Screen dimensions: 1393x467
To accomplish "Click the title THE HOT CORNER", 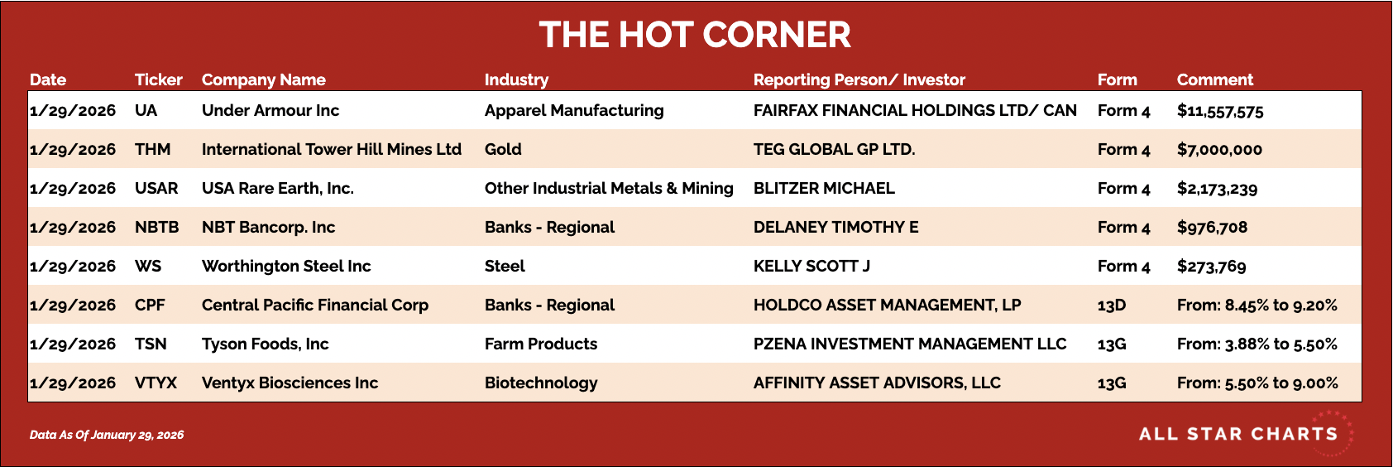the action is pyautogui.click(x=695, y=34).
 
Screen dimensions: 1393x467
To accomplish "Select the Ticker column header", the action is pyautogui.click(x=159, y=79).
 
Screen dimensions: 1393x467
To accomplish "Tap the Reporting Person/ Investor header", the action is pyautogui.click(x=859, y=79).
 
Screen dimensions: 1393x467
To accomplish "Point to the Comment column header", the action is pyautogui.click(x=1214, y=79).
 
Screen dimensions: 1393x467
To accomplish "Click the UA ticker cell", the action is pyautogui.click(x=146, y=110).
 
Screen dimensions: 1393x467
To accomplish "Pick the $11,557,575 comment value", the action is pyautogui.click(x=1220, y=111).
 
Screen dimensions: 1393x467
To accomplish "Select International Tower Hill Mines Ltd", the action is pyautogui.click(x=332, y=149).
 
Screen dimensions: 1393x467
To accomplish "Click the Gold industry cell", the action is pyautogui.click(x=503, y=149).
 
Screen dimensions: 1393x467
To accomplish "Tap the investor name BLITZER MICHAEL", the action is pyautogui.click(x=824, y=188).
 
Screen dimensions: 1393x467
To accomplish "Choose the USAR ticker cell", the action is pyautogui.click(x=156, y=188).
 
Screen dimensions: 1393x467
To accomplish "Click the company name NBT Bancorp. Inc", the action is pyautogui.click(x=269, y=227).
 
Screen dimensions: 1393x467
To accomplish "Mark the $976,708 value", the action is pyautogui.click(x=1212, y=227).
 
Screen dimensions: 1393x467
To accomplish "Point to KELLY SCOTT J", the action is pyautogui.click(x=811, y=266).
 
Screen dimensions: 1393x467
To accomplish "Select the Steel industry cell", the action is pyautogui.click(x=505, y=266).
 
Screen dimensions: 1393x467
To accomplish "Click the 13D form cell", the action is pyautogui.click(x=1112, y=305).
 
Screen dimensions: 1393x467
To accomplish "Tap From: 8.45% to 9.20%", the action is pyautogui.click(x=1257, y=305).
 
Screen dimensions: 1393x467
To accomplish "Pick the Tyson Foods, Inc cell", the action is pyautogui.click(x=266, y=344).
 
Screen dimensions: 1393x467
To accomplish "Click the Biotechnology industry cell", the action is pyautogui.click(x=541, y=383).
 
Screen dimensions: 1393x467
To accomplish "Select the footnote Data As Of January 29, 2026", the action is pyautogui.click(x=107, y=435).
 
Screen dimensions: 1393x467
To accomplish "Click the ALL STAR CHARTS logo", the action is pyautogui.click(x=1238, y=434).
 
